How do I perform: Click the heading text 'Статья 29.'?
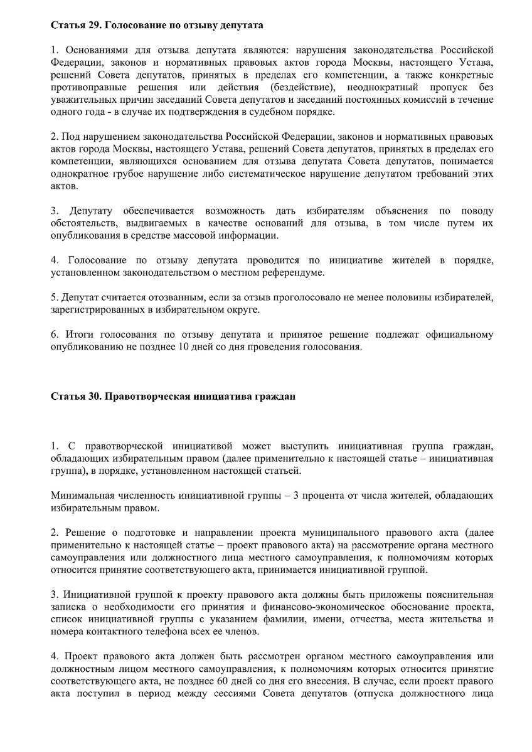coord(75,26)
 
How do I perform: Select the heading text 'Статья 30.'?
coord(75,397)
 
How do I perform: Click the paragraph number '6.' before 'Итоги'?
coord(55,334)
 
